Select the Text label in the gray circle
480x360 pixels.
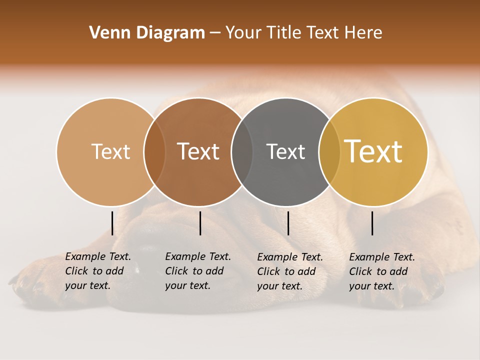coord(285,151)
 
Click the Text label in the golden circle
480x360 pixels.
coord(373,151)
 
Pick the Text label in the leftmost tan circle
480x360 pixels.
coord(111,151)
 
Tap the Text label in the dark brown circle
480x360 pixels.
coord(198,151)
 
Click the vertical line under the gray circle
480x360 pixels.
coord(288,223)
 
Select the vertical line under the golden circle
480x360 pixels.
coord(372,223)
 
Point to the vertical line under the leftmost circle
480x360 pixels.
coord(112,223)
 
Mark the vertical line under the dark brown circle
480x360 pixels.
coord(200,223)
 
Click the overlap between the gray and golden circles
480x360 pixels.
coord(329,152)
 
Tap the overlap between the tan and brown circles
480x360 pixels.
coord(154,152)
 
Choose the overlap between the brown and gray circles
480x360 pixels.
coord(242,152)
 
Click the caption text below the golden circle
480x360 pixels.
coord(381,271)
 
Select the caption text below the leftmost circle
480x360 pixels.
coord(97,271)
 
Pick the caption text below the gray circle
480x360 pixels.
coord(289,271)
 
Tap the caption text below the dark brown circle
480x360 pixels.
coord(197,271)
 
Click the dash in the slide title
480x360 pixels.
coord(215,33)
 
